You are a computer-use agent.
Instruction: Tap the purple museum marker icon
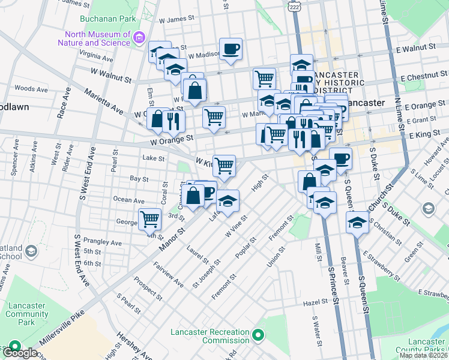[139, 38]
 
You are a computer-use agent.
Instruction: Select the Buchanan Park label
[103, 19]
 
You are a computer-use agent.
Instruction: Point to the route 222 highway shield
[294, 6]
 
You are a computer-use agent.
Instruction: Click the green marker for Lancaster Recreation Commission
[258, 334]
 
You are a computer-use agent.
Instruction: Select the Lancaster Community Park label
[26, 314]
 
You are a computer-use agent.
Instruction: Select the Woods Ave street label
[31, 89]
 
